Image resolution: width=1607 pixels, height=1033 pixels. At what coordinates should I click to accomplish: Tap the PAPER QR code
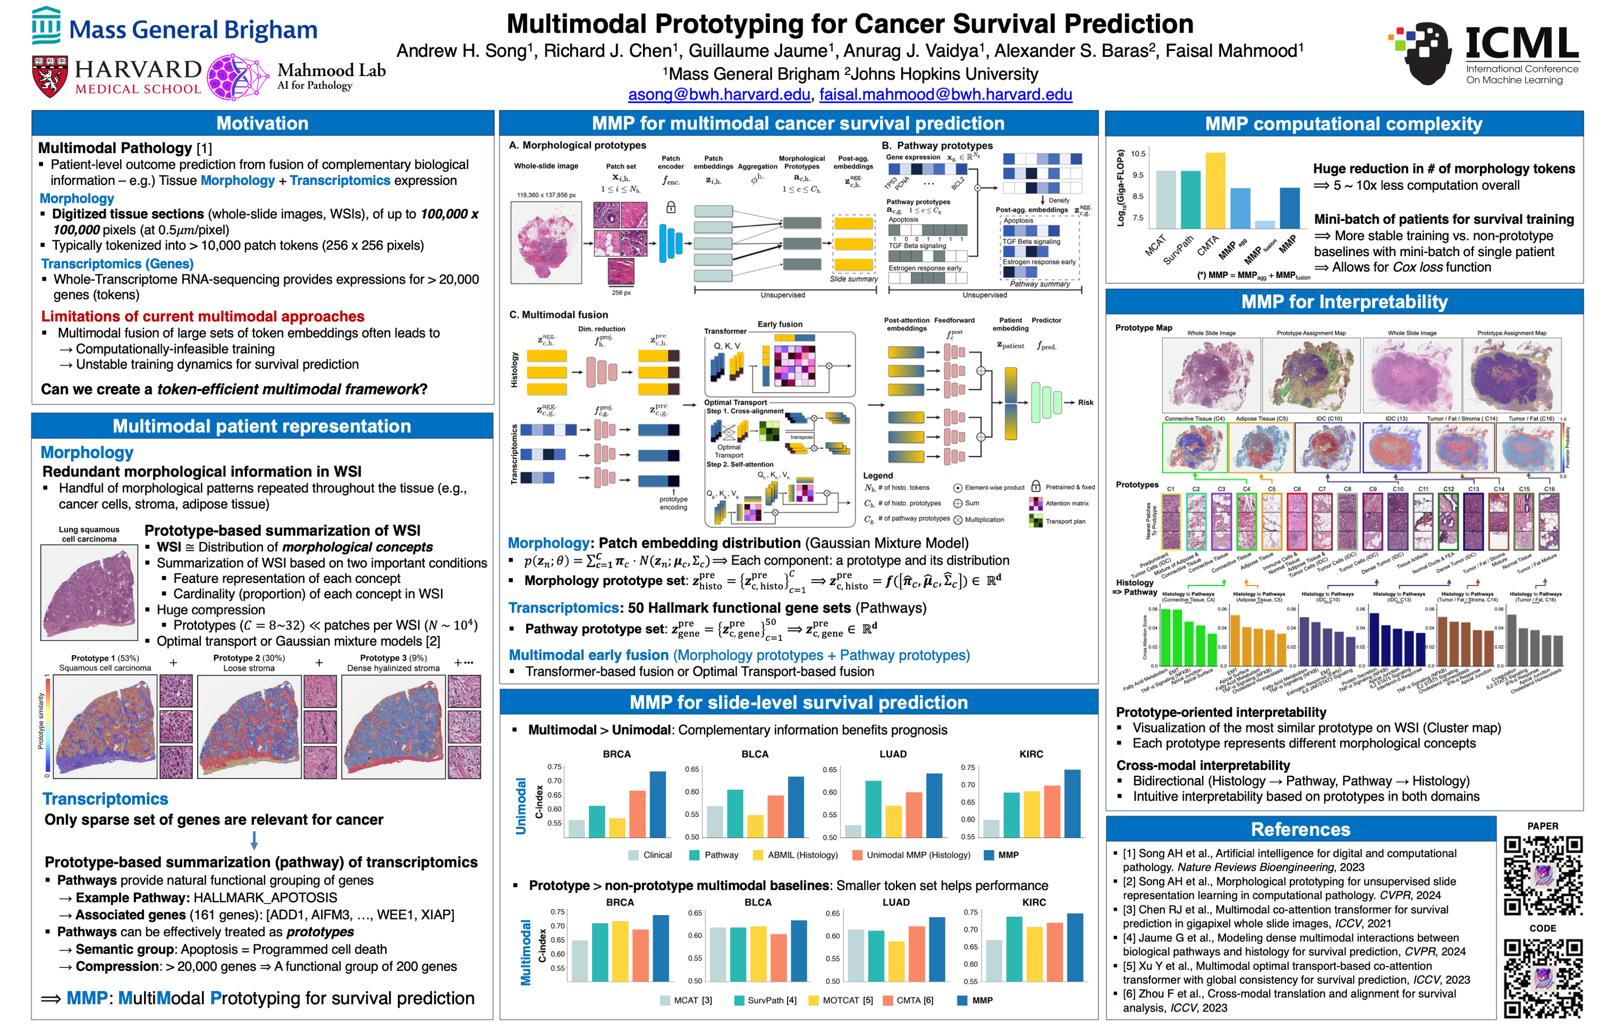coord(1542,875)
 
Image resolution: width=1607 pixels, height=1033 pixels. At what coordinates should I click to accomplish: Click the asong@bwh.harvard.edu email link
coord(719,95)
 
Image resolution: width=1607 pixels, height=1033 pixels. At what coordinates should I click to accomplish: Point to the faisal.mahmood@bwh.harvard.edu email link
coord(945,95)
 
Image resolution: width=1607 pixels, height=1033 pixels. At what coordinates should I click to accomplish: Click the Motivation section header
coord(262,123)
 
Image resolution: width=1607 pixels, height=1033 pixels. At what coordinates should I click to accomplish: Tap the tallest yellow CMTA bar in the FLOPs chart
coord(1215,191)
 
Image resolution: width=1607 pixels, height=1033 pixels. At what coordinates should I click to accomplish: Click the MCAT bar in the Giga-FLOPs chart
coord(1165,200)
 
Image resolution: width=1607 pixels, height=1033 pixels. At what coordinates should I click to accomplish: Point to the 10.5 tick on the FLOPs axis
coord(1138,154)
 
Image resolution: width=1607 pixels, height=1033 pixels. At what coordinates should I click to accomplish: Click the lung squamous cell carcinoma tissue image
coord(89,592)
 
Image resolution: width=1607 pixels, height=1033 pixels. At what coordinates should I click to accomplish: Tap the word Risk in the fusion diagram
coord(1085,402)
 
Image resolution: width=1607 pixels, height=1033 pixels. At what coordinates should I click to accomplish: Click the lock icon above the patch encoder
coord(670,207)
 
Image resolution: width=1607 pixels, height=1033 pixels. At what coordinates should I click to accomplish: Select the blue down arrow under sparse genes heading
coord(253,840)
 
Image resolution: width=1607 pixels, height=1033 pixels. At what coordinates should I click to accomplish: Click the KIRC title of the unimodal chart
coord(1031,754)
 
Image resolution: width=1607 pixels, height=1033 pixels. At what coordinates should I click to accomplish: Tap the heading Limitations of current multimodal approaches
coord(203,317)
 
